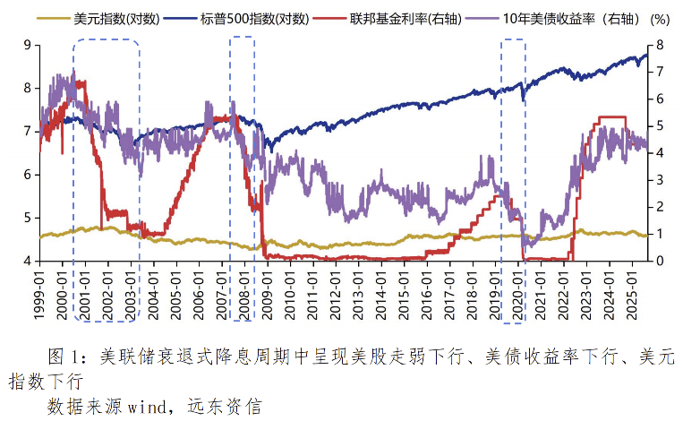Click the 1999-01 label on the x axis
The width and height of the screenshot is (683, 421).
pyautogui.click(x=40, y=292)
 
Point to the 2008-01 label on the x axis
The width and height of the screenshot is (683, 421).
pyautogui.click(x=243, y=292)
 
